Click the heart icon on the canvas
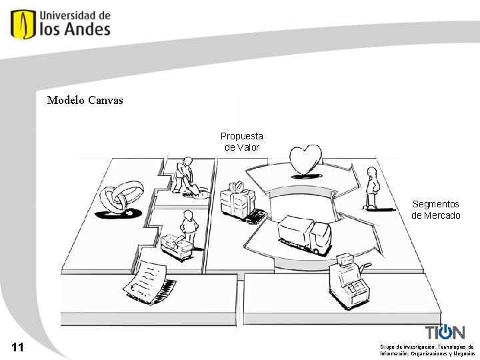point(305,161)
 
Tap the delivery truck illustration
point(304,234)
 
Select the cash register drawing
point(347,281)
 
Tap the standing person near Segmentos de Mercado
point(372,188)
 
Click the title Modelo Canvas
point(85,101)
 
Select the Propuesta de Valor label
point(242,141)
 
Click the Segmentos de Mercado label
point(436,209)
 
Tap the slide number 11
point(18,347)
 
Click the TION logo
point(445,331)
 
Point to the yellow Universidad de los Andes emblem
point(23,24)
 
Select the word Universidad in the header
point(75,14)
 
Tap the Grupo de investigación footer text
point(427,350)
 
